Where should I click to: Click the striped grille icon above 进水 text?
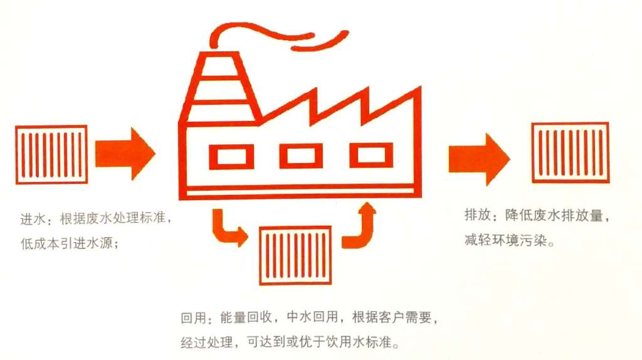(51, 154)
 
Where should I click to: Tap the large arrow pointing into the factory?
(125, 153)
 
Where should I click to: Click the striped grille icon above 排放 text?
(570, 152)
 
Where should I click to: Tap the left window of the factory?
(231, 156)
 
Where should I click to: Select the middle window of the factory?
(301, 156)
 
